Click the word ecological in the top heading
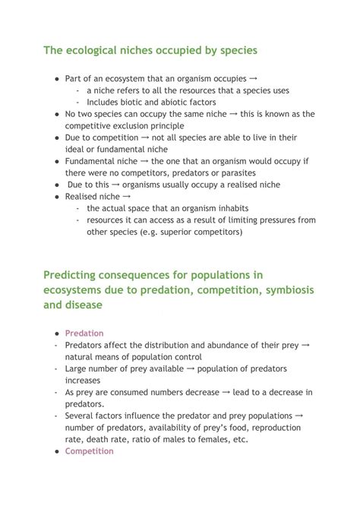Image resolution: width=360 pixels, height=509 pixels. coord(97,50)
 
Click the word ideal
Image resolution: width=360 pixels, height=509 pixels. coord(75,150)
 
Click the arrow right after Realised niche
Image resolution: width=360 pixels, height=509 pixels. coord(127,197)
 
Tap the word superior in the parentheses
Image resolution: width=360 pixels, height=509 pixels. coord(173,232)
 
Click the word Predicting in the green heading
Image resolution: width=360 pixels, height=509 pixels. coord(72,274)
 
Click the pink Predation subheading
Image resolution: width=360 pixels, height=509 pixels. coord(84,334)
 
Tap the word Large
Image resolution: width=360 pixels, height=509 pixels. coord(77,368)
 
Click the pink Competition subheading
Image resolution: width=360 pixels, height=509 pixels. coord(89,451)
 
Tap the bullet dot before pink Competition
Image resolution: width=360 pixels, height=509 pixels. coord(57,451)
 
